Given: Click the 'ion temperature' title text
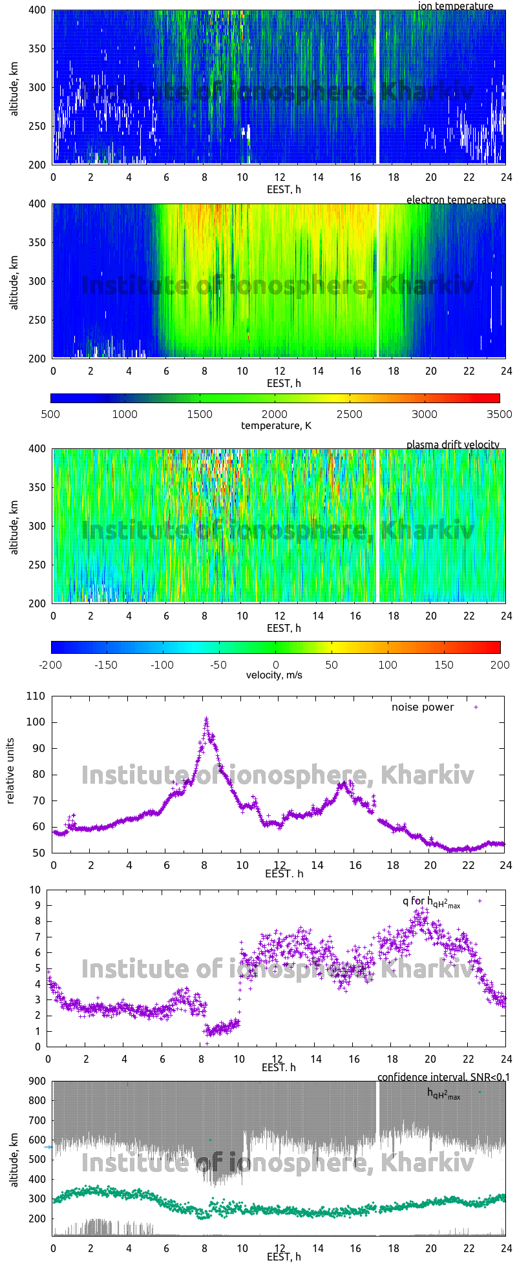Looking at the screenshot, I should tap(456, 6).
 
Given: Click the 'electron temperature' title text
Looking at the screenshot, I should tap(456, 200).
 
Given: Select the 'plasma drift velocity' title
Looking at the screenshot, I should tap(452, 444).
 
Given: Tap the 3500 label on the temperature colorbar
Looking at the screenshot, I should tap(500, 414).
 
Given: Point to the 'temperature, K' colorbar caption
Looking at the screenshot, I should tap(276, 425).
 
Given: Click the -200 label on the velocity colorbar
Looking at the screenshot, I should tap(51, 664).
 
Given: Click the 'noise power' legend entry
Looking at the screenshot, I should tap(423, 707).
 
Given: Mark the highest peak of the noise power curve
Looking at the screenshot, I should tap(206, 718).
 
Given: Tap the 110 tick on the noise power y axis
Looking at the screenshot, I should tap(36, 696).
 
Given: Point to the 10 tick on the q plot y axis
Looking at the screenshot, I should tap(35, 890).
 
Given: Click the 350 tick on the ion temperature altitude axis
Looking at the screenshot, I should tap(37, 48).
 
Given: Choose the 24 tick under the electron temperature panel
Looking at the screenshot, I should tap(506, 371).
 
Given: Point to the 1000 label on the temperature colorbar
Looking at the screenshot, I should tap(125, 414).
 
